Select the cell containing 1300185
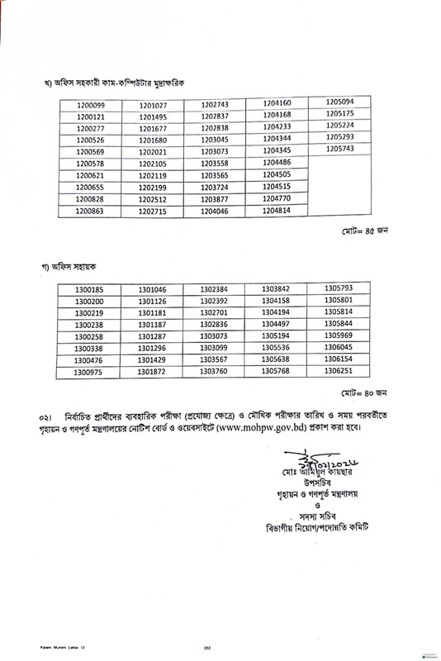[x=89, y=290]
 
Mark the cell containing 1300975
[x=89, y=373]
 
